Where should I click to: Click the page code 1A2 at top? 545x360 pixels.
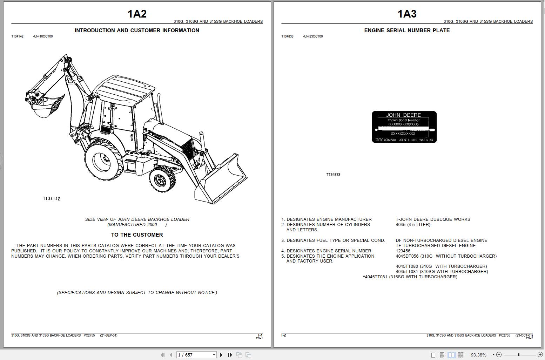(x=137, y=14)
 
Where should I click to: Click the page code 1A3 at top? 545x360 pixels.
(x=407, y=14)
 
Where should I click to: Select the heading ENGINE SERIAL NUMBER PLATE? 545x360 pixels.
(x=407, y=30)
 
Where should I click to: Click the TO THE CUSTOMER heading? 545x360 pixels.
(x=137, y=235)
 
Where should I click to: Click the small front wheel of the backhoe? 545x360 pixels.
(x=162, y=179)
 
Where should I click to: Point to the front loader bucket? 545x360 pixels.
(x=221, y=182)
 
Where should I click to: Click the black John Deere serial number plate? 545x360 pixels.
(x=404, y=127)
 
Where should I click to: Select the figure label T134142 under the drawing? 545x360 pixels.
(x=52, y=199)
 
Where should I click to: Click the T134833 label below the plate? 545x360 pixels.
(x=333, y=175)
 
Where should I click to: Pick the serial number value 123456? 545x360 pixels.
(x=403, y=251)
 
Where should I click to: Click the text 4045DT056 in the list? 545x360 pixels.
(x=407, y=256)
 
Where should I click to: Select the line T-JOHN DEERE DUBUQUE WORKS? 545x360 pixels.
(x=433, y=219)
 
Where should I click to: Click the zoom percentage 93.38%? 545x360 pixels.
(x=478, y=355)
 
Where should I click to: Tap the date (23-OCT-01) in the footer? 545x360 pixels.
(x=524, y=335)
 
